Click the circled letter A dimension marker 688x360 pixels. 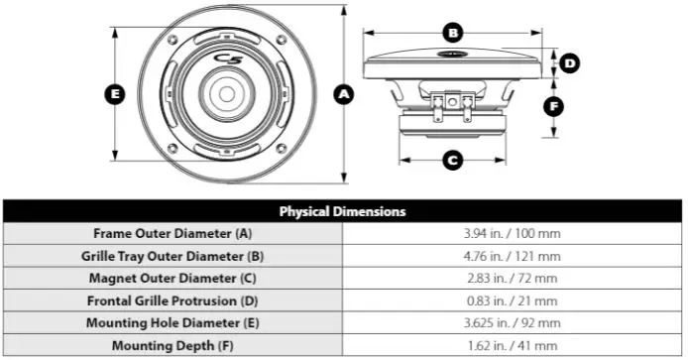(x=344, y=94)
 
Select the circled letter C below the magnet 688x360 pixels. (x=452, y=160)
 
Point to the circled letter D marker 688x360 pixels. (x=569, y=63)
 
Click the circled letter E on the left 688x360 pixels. (x=116, y=94)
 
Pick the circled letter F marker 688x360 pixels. (x=553, y=104)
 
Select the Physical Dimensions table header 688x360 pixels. (x=342, y=211)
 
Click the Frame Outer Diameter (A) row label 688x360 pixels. (x=172, y=234)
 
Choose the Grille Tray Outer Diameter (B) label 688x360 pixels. (x=172, y=256)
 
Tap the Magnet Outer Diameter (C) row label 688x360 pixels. (x=172, y=279)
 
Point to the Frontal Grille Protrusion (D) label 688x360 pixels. (x=172, y=300)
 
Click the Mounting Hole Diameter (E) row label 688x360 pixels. (x=172, y=323)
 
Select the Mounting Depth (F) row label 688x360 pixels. (x=172, y=345)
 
